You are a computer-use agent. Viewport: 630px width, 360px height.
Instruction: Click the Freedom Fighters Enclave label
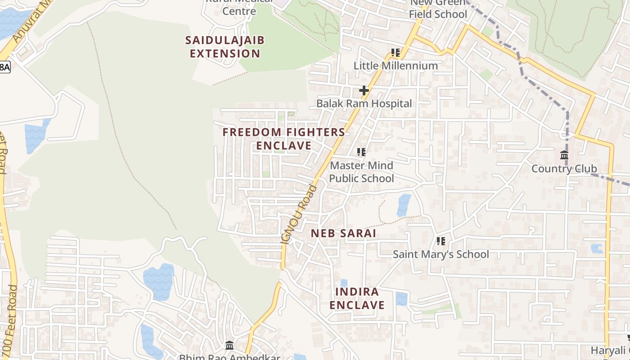pyautogui.click(x=284, y=139)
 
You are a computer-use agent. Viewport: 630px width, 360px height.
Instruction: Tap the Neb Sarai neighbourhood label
pyautogui.click(x=343, y=234)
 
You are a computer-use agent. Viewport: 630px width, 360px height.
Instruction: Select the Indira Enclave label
pyautogui.click(x=357, y=298)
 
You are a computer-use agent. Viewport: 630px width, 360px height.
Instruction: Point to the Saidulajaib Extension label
pyautogui.click(x=225, y=47)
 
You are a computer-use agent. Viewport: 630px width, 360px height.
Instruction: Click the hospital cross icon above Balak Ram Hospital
pyautogui.click(x=364, y=90)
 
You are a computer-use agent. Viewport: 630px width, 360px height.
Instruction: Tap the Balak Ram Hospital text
pyautogui.click(x=364, y=103)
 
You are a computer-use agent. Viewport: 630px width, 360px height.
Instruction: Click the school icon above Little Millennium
pyautogui.click(x=396, y=53)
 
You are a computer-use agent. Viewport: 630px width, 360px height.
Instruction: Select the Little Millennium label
pyautogui.click(x=396, y=66)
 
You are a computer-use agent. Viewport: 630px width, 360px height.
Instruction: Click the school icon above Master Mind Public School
pyautogui.click(x=361, y=152)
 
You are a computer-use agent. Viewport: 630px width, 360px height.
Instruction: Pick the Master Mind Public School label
pyautogui.click(x=361, y=172)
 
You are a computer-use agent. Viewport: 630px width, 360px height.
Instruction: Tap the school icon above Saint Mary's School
pyautogui.click(x=441, y=241)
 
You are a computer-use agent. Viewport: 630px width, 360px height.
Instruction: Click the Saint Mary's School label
pyautogui.click(x=441, y=254)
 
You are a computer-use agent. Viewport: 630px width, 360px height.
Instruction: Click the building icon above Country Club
pyautogui.click(x=564, y=156)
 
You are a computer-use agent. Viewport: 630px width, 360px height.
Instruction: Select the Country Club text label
pyautogui.click(x=564, y=169)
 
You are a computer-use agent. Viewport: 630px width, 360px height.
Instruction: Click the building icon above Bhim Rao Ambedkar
pyautogui.click(x=229, y=346)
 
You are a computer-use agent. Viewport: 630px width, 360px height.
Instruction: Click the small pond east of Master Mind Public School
pyautogui.click(x=404, y=205)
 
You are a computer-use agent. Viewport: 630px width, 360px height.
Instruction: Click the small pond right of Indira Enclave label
pyautogui.click(x=401, y=299)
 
